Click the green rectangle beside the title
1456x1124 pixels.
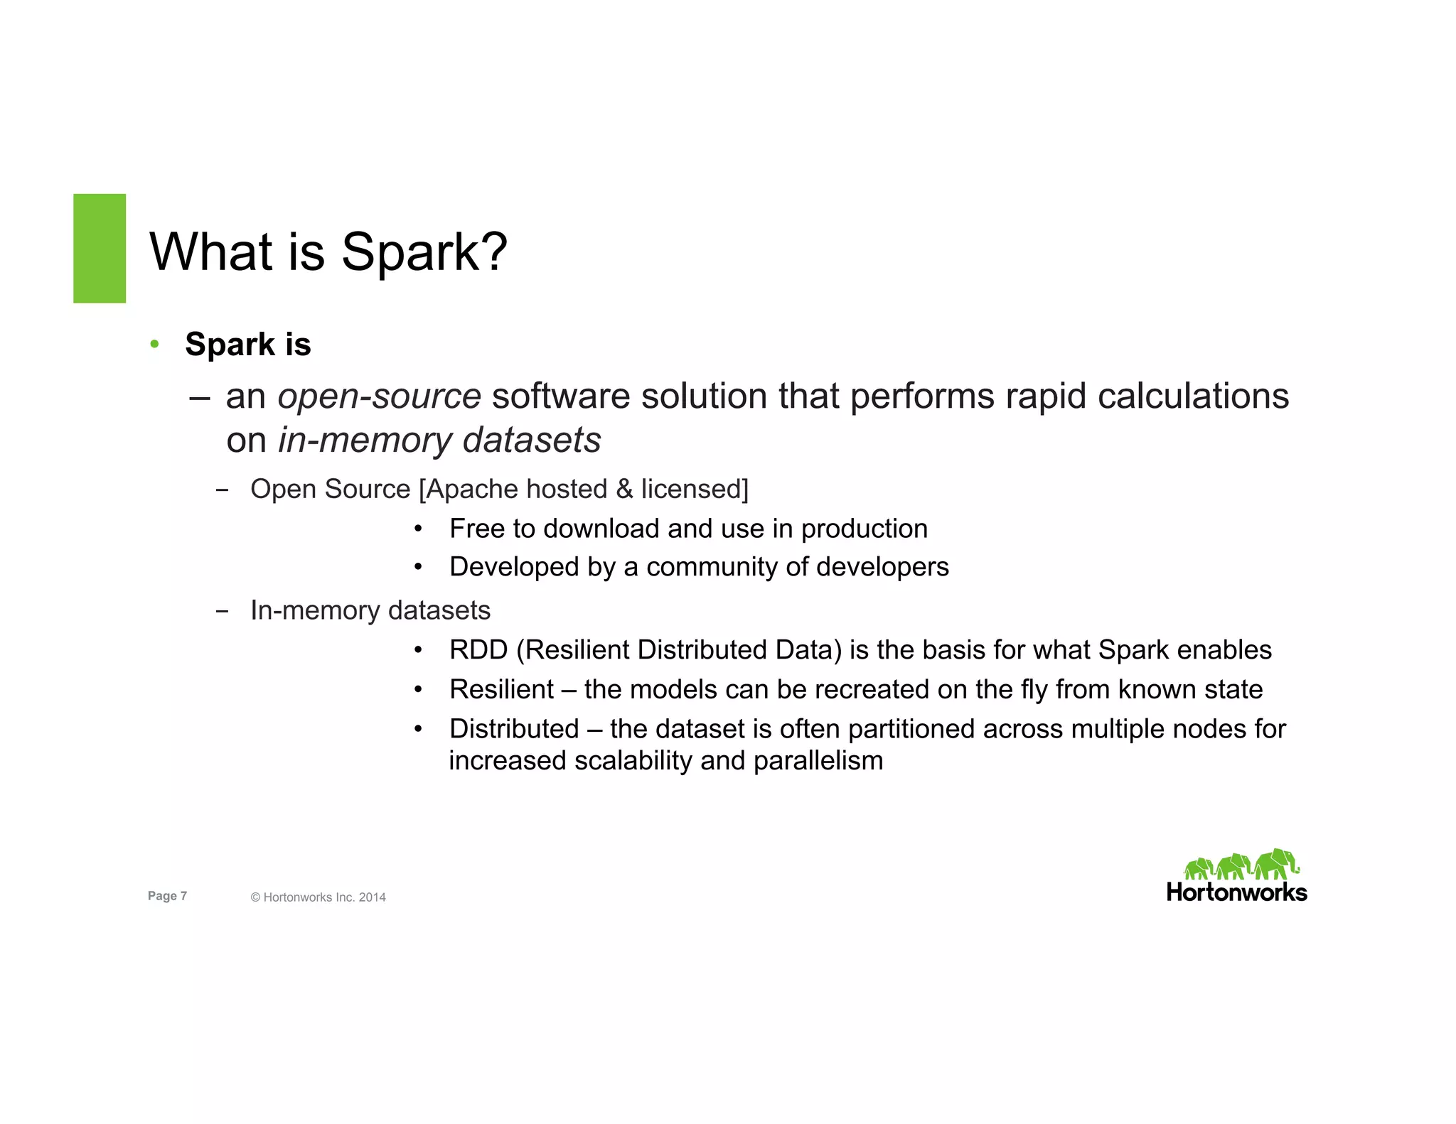click(x=100, y=248)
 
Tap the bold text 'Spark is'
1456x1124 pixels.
click(x=248, y=345)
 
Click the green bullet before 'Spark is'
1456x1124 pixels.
click(x=154, y=345)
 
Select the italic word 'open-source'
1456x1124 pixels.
click(x=379, y=396)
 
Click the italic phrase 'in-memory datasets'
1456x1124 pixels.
click(x=439, y=441)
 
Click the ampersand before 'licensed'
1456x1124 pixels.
click(x=624, y=490)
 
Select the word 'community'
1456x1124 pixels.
click(x=712, y=567)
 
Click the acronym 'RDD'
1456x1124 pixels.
click(x=478, y=650)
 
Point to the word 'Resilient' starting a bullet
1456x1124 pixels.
click(x=501, y=690)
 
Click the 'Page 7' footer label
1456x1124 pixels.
click(x=167, y=896)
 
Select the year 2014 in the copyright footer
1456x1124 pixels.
click(x=372, y=897)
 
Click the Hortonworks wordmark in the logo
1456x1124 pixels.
click(x=1236, y=892)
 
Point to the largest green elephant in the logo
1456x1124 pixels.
click(x=1275, y=863)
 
